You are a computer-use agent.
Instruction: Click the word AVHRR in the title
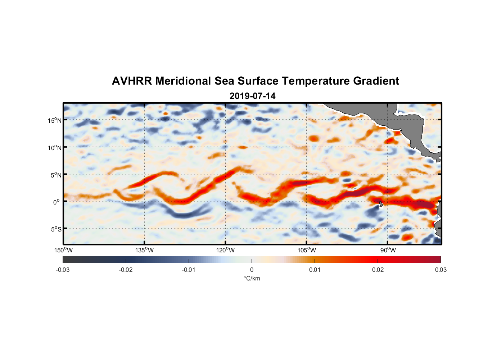(132, 81)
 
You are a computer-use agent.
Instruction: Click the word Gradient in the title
(376, 81)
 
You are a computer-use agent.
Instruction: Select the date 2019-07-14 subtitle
(252, 96)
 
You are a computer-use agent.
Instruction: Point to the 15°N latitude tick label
(55, 120)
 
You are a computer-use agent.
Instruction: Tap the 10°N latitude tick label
(55, 148)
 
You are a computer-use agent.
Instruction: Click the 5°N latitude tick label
(56, 175)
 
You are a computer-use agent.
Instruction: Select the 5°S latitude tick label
(56, 229)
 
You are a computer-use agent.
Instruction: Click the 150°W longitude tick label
(64, 250)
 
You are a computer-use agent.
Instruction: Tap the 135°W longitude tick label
(145, 250)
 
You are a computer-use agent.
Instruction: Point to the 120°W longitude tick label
(226, 250)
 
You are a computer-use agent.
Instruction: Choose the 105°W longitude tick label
(307, 250)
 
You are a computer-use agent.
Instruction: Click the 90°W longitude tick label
(388, 250)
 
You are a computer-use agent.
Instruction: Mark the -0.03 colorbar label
(63, 270)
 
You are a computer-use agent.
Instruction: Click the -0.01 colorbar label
(189, 270)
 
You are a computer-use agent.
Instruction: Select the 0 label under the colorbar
(252, 270)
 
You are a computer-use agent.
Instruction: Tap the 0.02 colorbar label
(378, 270)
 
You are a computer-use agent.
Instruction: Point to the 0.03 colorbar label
(440, 270)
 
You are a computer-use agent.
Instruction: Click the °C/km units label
(252, 278)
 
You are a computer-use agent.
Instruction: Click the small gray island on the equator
(381, 204)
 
